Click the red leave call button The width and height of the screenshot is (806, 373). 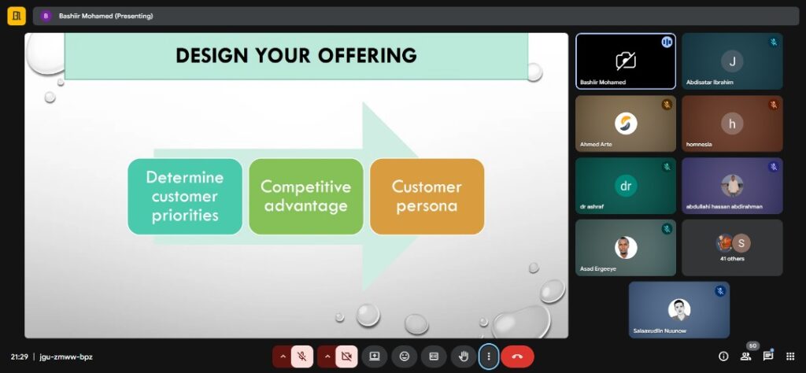coord(517,356)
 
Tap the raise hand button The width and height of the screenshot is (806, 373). coord(464,356)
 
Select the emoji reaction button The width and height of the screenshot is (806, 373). coord(405,356)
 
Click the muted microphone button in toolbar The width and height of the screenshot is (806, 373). coord(302,356)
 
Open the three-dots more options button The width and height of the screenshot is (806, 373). coord(488,356)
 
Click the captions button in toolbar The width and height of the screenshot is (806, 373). coord(434,356)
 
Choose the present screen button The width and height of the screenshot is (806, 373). coord(375,356)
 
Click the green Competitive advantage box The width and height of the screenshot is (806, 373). coord(306,196)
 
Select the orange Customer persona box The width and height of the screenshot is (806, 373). coord(427,196)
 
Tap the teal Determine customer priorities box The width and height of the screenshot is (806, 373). coord(185,196)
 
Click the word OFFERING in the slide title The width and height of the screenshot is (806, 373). coord(367,56)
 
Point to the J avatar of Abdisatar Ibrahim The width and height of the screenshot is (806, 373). coord(732,61)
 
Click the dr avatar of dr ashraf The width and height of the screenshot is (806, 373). coord(626,186)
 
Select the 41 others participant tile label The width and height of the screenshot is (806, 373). coord(732,258)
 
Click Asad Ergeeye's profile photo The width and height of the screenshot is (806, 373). coord(626,248)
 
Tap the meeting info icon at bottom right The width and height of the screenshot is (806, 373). coord(723,356)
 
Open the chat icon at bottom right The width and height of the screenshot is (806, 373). coord(768,356)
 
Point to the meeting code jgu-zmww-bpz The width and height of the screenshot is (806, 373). coord(66,356)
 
